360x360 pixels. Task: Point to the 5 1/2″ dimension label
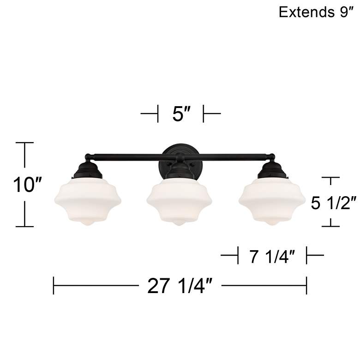(x=333, y=202)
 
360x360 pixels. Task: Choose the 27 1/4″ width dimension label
(x=180, y=286)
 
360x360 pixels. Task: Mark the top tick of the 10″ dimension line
(x=25, y=143)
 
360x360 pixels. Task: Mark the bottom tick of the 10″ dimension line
(x=25, y=226)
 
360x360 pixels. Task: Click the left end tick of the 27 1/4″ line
(x=54, y=285)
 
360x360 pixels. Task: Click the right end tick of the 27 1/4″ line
(x=306, y=285)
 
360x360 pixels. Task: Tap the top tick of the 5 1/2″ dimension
(x=330, y=177)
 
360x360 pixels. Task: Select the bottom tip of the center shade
(x=178, y=225)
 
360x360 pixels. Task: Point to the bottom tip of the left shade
(x=85, y=225)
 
